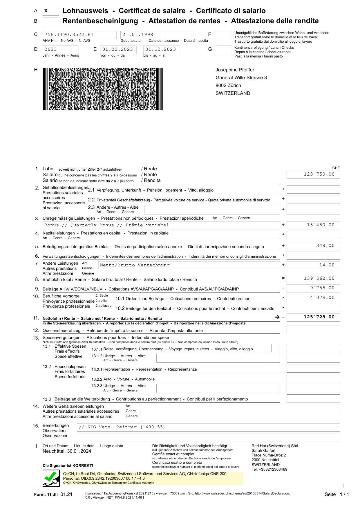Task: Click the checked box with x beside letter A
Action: click(x=50, y=11)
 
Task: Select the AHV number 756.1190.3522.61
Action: click(x=69, y=35)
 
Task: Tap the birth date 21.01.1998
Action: click(x=138, y=35)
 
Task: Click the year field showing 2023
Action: click(x=51, y=49)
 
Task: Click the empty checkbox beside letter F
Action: click(x=223, y=35)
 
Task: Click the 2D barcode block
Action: click(x=103, y=89)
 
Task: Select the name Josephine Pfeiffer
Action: click(x=235, y=70)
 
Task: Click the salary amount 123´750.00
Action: click(x=319, y=174)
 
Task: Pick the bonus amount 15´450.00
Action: click(x=321, y=225)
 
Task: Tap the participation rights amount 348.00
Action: click(x=325, y=246)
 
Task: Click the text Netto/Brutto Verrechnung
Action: click(x=135, y=265)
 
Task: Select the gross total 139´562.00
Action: click(x=319, y=279)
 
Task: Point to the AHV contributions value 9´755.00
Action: click(x=322, y=288)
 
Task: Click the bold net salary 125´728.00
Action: click(x=319, y=317)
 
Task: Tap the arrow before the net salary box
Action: click(x=277, y=317)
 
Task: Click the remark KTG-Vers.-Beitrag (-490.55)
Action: click(x=122, y=427)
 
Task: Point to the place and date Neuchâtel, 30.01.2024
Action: click(x=67, y=451)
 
